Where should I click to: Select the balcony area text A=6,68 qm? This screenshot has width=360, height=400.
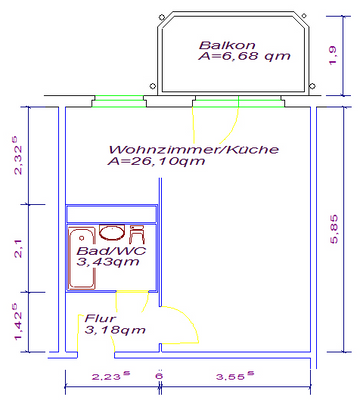click(245, 56)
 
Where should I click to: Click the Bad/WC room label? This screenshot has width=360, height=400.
click(104, 251)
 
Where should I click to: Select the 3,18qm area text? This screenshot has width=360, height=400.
click(116, 330)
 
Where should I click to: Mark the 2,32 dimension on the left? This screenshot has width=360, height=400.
click(17, 155)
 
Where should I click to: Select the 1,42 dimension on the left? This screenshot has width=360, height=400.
click(17, 322)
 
